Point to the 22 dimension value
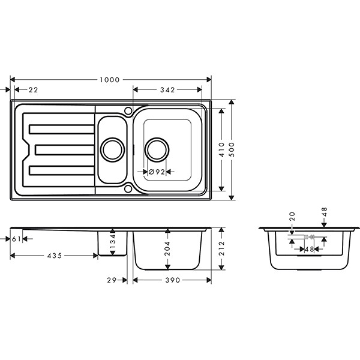[33, 90]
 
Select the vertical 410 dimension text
[222, 148]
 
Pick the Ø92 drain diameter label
[157, 172]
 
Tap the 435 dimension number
[54, 256]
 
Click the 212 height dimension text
[222, 247]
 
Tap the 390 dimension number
[172, 280]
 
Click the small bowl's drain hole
[112, 148]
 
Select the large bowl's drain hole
[157, 149]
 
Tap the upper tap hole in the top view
[128, 110]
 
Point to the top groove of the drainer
[61, 128]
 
